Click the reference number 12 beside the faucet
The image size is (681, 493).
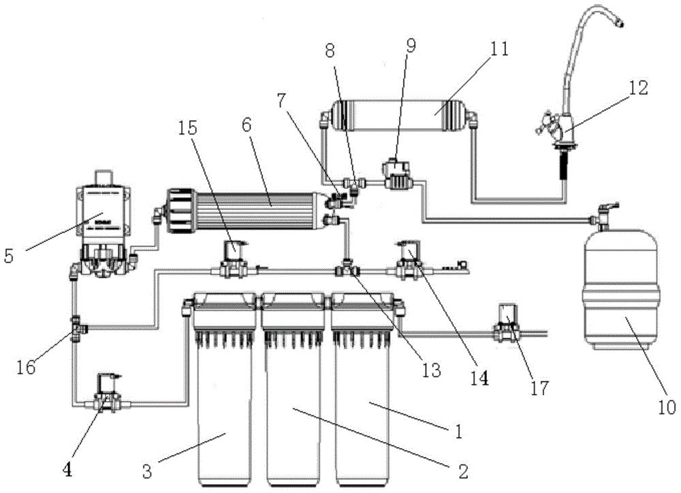[x=637, y=88]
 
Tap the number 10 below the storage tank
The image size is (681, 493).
[x=667, y=407]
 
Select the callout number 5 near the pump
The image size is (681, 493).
[x=9, y=256]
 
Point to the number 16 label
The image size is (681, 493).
[x=26, y=368]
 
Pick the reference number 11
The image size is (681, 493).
[x=498, y=48]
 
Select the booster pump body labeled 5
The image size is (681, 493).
[x=103, y=224]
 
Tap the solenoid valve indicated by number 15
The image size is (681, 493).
[x=233, y=259]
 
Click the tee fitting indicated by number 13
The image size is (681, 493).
[x=347, y=269]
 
